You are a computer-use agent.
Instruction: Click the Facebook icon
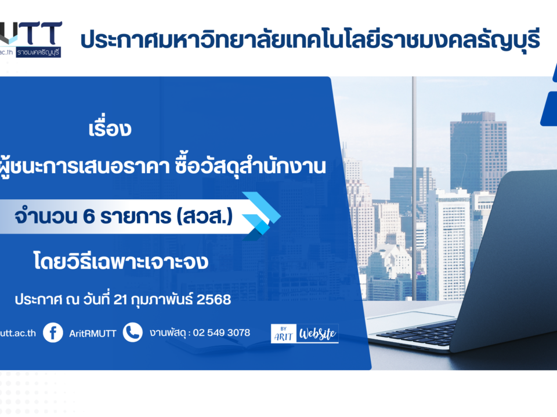[53, 332]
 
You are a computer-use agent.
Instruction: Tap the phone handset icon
[132, 332]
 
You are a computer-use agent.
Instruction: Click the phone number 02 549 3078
[221, 332]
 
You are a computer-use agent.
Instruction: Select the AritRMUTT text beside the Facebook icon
[93, 334]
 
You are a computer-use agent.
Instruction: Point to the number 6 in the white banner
[89, 216]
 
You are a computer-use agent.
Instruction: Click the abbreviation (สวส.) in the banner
[205, 217]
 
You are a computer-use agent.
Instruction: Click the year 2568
[214, 299]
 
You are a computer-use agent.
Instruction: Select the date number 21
[120, 300]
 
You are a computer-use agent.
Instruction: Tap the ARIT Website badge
[305, 334]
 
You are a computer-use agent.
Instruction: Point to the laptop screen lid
[512, 259]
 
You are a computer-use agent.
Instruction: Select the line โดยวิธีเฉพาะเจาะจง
[121, 261]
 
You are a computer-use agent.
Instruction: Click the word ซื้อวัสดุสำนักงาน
[250, 166]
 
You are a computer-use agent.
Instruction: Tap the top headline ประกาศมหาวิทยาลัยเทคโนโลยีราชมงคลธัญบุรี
[310, 39]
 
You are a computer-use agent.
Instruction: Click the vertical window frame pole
[414, 188]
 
